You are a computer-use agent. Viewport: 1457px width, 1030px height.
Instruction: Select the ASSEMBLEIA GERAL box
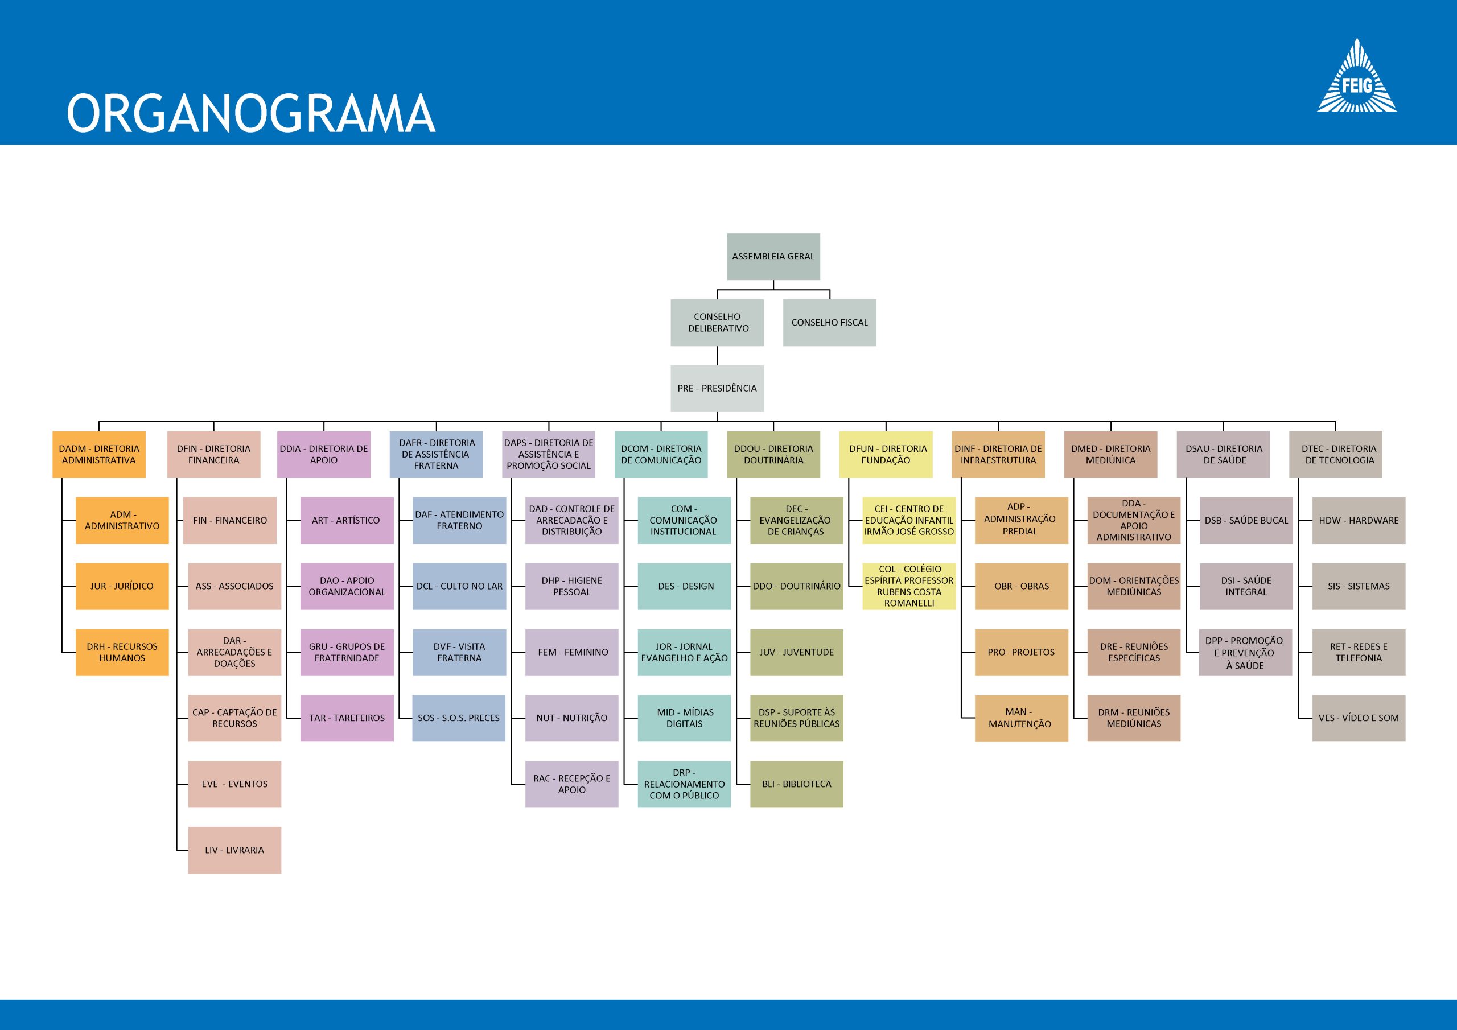tap(773, 257)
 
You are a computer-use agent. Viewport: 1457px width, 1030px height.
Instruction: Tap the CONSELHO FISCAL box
tap(829, 323)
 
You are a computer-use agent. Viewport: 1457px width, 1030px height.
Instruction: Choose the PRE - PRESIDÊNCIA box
tap(717, 389)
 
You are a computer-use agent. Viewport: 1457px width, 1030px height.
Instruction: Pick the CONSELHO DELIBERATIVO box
tap(717, 323)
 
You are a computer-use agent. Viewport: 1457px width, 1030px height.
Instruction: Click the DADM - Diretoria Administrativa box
tap(99, 454)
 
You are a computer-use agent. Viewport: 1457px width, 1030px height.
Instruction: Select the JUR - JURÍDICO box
tap(122, 586)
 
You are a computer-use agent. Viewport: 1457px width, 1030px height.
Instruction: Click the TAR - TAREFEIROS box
tap(347, 718)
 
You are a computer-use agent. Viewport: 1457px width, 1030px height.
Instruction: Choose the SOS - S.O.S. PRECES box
tap(459, 718)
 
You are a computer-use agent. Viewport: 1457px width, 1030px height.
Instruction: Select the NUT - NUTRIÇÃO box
tap(572, 718)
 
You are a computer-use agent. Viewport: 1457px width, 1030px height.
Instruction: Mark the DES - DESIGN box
tap(684, 586)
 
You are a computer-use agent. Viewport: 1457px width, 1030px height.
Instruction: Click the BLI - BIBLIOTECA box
tap(797, 784)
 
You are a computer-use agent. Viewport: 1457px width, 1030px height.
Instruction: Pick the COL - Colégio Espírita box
tap(909, 586)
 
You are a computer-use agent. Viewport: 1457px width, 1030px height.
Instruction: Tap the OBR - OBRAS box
tap(1022, 586)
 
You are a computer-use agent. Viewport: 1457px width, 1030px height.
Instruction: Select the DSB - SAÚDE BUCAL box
tap(1246, 520)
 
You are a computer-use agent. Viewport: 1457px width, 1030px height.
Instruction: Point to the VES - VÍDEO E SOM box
tap(1359, 718)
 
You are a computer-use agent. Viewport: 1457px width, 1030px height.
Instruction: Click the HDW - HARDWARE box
tap(1359, 520)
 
